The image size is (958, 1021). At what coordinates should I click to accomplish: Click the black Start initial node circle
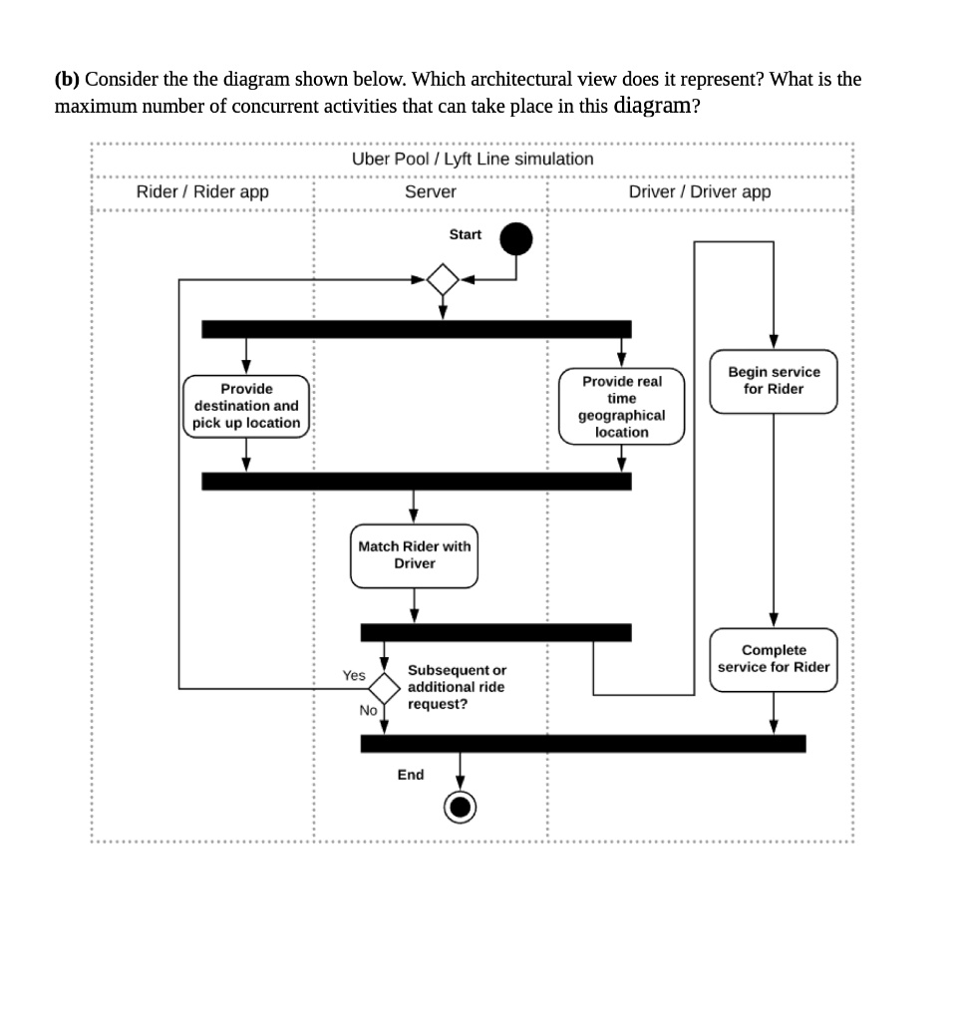(515, 239)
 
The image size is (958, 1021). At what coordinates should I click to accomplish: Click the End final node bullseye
(460, 807)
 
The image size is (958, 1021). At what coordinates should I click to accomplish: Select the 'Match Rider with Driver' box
(414, 555)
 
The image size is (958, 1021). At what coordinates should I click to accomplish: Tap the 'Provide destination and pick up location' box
(246, 406)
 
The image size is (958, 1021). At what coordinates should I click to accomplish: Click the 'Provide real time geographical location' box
(621, 407)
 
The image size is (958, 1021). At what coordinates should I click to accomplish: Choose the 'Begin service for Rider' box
(774, 380)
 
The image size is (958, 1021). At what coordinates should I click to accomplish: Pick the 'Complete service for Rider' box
(774, 659)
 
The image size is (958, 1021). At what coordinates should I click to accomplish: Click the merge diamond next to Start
(443, 279)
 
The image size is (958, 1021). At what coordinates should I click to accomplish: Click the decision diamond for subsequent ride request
(384, 688)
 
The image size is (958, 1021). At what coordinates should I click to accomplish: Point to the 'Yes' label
(354, 676)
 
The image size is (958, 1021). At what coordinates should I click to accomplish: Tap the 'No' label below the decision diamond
(368, 710)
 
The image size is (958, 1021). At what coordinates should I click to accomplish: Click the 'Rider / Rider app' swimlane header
(202, 191)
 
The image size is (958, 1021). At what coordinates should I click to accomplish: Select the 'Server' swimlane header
(431, 191)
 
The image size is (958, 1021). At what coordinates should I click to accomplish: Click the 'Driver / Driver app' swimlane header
(700, 191)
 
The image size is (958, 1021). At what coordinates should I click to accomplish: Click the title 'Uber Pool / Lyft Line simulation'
(473, 159)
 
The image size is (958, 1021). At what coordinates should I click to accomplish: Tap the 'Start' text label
(465, 234)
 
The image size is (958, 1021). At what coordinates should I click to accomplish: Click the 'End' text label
(411, 775)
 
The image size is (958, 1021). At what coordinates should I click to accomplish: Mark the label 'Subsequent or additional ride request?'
(456, 687)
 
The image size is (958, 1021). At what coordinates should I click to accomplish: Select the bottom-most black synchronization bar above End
(582, 743)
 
